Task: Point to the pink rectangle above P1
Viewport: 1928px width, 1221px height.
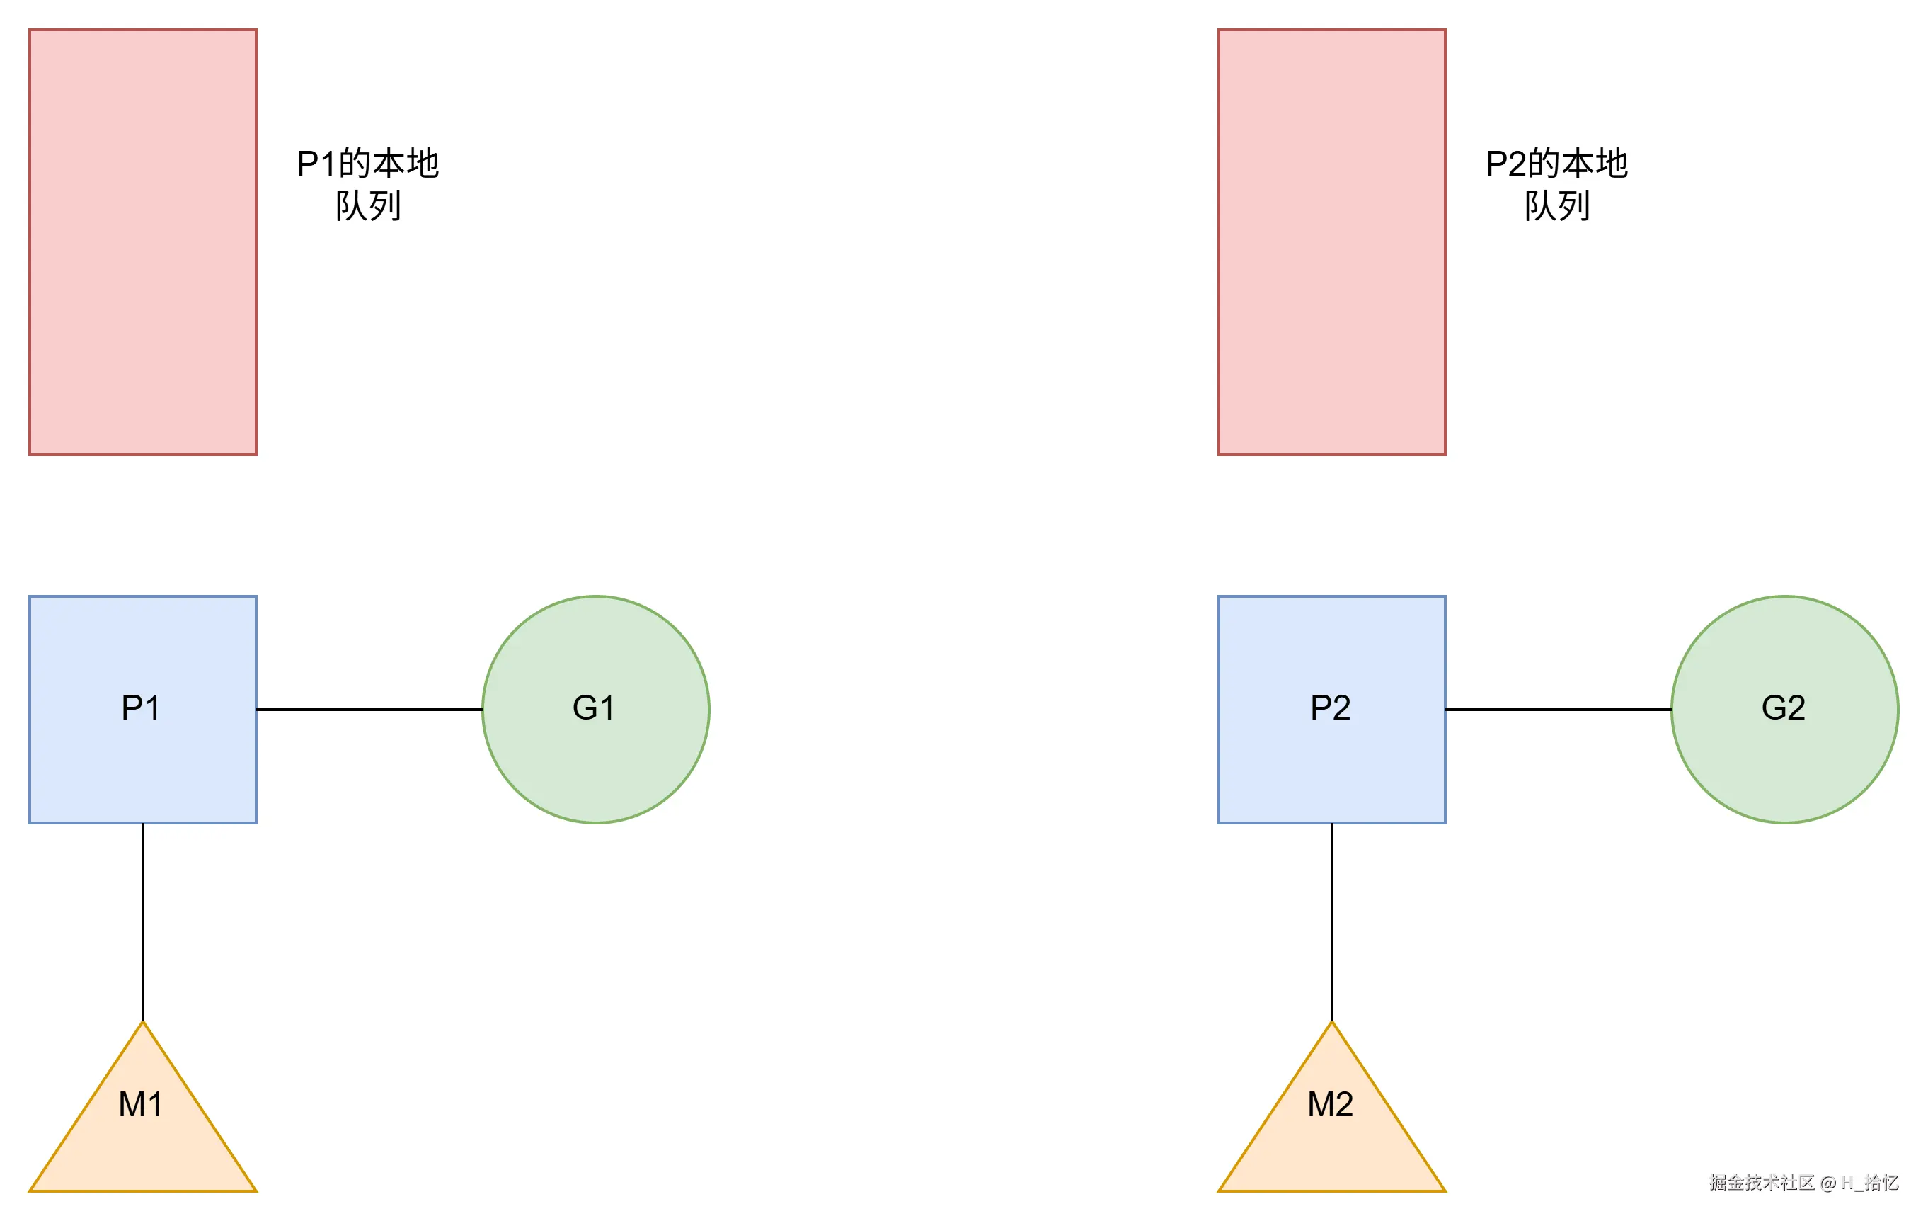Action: pos(142,242)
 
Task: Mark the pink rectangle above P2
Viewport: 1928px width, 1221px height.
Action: pos(1331,242)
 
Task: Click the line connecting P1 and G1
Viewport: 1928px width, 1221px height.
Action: pos(369,709)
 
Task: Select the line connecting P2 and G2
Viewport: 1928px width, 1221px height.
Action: pos(1558,709)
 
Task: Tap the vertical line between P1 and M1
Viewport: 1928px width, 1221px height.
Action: pos(142,921)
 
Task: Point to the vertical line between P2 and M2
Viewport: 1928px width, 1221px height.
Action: pos(1331,921)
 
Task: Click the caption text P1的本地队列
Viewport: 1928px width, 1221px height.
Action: pos(367,184)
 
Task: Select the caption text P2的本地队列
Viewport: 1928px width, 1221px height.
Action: pos(1556,184)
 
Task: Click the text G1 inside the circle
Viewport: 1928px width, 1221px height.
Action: pos(593,708)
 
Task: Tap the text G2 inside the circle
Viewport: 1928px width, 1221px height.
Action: pos(1783,708)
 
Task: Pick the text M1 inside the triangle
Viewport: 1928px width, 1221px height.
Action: pos(140,1105)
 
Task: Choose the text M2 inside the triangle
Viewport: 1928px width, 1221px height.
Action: pos(1330,1105)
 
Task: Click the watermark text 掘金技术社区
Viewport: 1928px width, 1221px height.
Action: pos(1761,1183)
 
